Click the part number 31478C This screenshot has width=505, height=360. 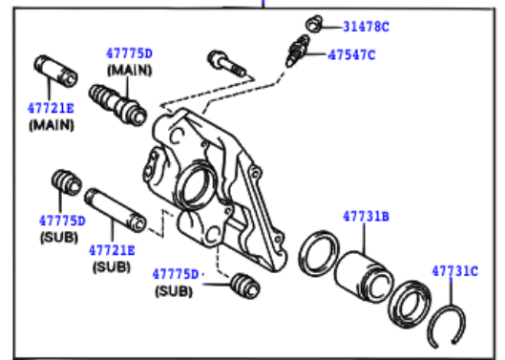point(367,27)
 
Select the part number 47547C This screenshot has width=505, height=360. point(351,55)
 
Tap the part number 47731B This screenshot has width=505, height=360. point(367,216)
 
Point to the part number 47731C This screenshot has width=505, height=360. point(454,271)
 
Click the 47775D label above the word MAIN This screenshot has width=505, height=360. point(129,53)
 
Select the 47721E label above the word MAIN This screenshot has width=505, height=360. point(51,108)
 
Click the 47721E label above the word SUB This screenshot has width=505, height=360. point(112,250)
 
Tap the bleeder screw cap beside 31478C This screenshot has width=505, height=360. point(314,24)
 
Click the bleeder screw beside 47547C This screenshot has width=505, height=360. point(298,51)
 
